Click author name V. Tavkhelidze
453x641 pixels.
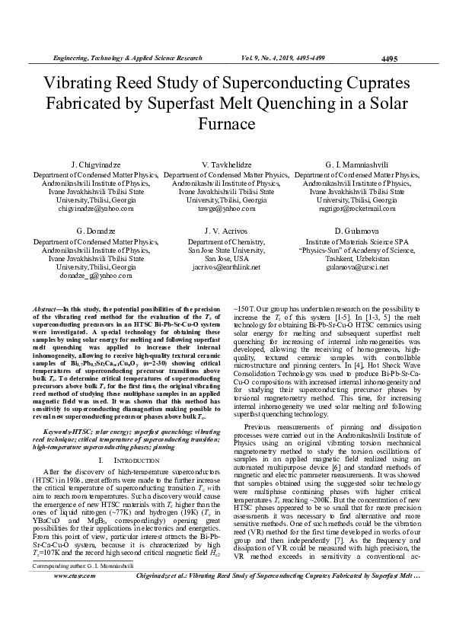[x=226, y=164]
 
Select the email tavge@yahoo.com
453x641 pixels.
[x=226, y=208]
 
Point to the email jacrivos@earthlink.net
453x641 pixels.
[x=226, y=267]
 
